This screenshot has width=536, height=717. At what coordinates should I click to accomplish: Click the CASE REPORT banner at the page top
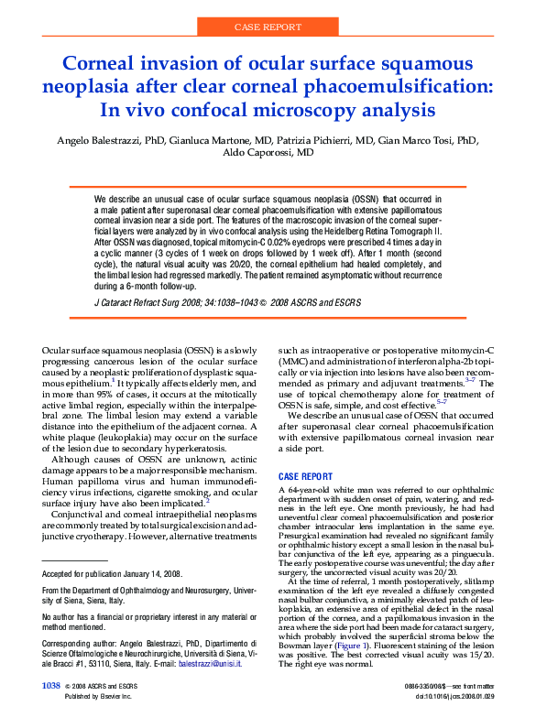pos(268,27)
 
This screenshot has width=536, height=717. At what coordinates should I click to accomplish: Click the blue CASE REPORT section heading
pos(305,477)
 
